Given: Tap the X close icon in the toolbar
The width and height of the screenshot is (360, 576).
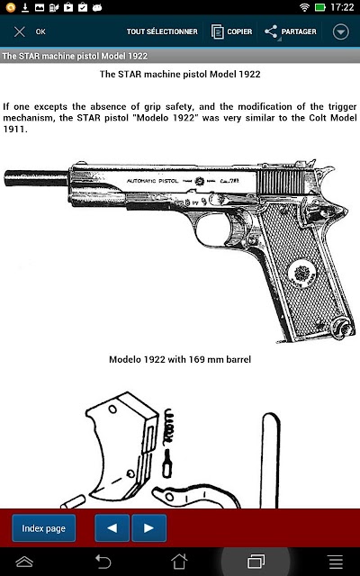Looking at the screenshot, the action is click(x=20, y=31).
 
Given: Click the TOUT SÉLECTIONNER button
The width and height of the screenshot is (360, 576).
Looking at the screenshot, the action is click(x=162, y=31).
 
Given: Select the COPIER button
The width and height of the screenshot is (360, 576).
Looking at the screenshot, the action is click(x=231, y=31).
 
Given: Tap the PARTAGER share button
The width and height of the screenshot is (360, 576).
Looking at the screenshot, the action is click(x=290, y=31).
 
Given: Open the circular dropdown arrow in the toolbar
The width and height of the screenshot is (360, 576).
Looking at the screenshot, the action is click(x=340, y=31).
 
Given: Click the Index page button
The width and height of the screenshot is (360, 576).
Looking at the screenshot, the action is click(x=44, y=528).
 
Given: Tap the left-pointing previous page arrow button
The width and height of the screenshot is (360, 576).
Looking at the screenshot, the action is click(x=112, y=528).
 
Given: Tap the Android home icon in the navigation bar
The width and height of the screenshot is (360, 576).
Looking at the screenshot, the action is click(x=179, y=562).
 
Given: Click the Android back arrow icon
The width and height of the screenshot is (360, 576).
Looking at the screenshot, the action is click(x=103, y=562).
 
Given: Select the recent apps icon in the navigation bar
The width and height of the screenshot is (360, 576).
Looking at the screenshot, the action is click(x=256, y=562).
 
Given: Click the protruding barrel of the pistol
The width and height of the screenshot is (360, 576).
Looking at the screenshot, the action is click(x=36, y=178).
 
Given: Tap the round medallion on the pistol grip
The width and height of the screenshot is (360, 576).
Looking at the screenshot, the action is click(x=302, y=273).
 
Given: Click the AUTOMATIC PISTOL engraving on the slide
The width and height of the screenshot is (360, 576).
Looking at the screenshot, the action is click(x=152, y=181).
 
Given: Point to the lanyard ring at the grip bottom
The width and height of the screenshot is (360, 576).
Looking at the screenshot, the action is click(x=342, y=328).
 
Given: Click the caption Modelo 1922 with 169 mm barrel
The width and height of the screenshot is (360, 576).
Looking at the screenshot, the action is click(x=180, y=359).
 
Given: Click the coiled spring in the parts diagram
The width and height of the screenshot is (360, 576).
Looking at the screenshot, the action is click(x=168, y=427).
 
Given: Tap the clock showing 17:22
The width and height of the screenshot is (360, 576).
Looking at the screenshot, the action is click(x=342, y=7).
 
